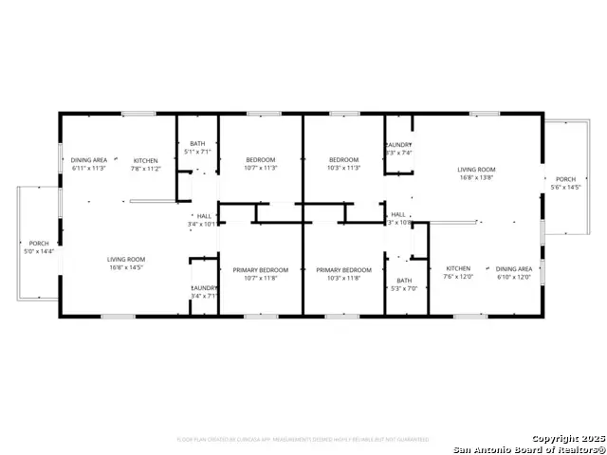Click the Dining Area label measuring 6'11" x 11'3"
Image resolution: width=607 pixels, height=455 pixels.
coord(88,164)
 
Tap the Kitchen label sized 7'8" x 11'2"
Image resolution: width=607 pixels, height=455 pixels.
coord(146,164)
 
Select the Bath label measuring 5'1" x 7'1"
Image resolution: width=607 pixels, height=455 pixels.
coord(197,147)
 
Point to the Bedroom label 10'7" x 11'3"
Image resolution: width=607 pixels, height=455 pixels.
coord(261,163)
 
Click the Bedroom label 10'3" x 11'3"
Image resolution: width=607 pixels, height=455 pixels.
coord(343,163)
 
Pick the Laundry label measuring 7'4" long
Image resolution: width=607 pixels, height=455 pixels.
coord(398,148)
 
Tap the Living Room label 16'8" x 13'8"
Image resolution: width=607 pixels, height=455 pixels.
coord(476,173)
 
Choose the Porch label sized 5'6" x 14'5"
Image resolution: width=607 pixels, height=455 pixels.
coord(565,184)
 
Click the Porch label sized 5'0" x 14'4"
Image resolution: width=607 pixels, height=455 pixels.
coord(39,247)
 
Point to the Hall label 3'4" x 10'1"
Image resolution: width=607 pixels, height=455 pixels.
coord(204,220)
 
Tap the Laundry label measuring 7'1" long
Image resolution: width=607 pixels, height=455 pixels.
coord(204,291)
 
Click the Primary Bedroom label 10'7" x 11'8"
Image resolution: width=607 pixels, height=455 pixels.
coord(261,274)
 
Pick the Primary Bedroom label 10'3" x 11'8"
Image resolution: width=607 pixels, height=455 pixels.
coord(343,274)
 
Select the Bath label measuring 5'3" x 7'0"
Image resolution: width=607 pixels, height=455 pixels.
coord(405,284)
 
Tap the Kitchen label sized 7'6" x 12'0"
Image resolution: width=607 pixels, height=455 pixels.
coord(458,273)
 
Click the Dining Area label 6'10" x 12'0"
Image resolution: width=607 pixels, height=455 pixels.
coord(513,273)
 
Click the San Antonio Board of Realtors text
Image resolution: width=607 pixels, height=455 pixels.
coord(529,449)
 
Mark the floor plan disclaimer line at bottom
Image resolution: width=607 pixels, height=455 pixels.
coord(303,440)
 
